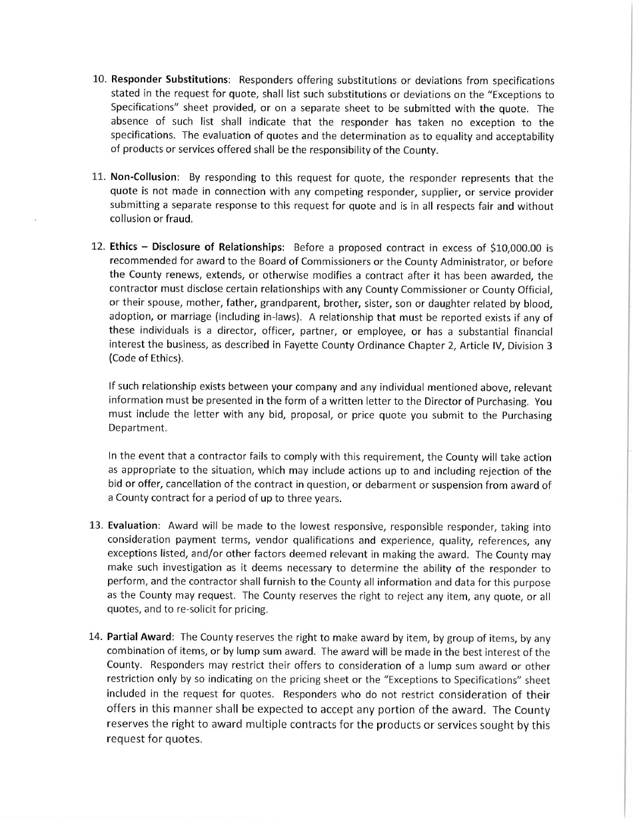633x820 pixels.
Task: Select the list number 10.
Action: click(x=99, y=81)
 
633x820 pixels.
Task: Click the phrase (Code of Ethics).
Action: click(x=145, y=359)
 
